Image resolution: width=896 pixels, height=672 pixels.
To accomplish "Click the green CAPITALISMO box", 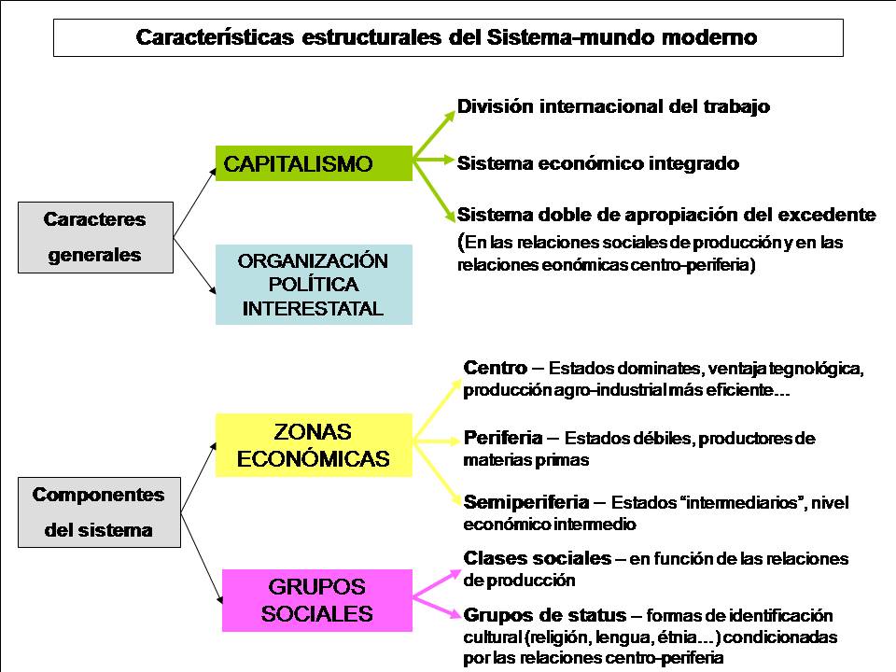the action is [x=313, y=163].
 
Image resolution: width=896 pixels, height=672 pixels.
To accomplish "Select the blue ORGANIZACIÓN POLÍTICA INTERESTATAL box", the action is [x=314, y=285].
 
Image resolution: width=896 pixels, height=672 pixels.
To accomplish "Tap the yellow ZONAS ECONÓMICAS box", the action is [x=314, y=445].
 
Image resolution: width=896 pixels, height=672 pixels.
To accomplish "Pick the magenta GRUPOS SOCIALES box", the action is [x=317, y=600].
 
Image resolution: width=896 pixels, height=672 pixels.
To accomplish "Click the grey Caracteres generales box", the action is [x=95, y=237].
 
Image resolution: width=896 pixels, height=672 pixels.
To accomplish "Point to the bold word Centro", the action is [x=495, y=367].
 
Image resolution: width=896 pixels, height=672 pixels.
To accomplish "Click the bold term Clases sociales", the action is [x=537, y=558].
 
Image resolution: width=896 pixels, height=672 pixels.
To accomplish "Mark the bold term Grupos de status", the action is [x=544, y=615].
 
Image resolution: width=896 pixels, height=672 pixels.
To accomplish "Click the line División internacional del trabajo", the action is [x=613, y=106].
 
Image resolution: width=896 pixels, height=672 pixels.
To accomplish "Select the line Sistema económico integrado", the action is [x=597, y=163].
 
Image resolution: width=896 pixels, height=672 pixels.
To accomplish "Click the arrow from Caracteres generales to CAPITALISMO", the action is [x=194, y=197].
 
